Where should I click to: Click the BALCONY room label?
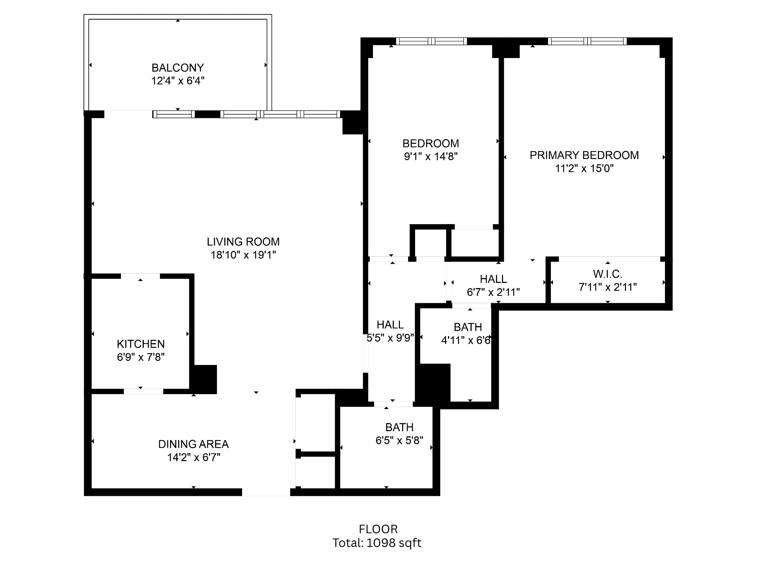pyautogui.click(x=177, y=68)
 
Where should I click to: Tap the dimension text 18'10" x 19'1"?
pyautogui.click(x=243, y=255)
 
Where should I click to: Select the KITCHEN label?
pyautogui.click(x=140, y=344)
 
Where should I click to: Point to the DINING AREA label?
pyautogui.click(x=193, y=444)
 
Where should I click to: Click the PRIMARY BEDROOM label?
pyautogui.click(x=584, y=155)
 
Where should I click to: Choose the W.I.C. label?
pyautogui.click(x=608, y=274)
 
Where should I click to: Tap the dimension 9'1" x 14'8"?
pyautogui.click(x=431, y=156)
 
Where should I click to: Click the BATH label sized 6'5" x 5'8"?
pyautogui.click(x=399, y=427)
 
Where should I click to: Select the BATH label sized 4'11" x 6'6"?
pyautogui.click(x=468, y=327)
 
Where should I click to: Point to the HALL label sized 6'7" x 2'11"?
pyautogui.click(x=493, y=279)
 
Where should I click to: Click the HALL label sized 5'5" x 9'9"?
pyautogui.click(x=390, y=325)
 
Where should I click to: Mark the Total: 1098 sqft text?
pyautogui.click(x=377, y=543)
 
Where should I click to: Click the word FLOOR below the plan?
pyautogui.click(x=378, y=529)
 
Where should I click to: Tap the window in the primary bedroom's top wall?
pyautogui.click(x=587, y=41)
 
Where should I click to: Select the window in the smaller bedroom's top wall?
pyautogui.click(x=431, y=41)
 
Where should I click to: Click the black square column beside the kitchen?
pyautogui.click(x=204, y=379)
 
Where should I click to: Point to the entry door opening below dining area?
pyautogui.click(x=266, y=492)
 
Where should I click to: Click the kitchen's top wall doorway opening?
pyautogui.click(x=140, y=276)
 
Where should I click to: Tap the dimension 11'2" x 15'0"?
pyautogui.click(x=584, y=169)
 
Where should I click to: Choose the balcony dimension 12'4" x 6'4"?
pyautogui.click(x=177, y=81)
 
